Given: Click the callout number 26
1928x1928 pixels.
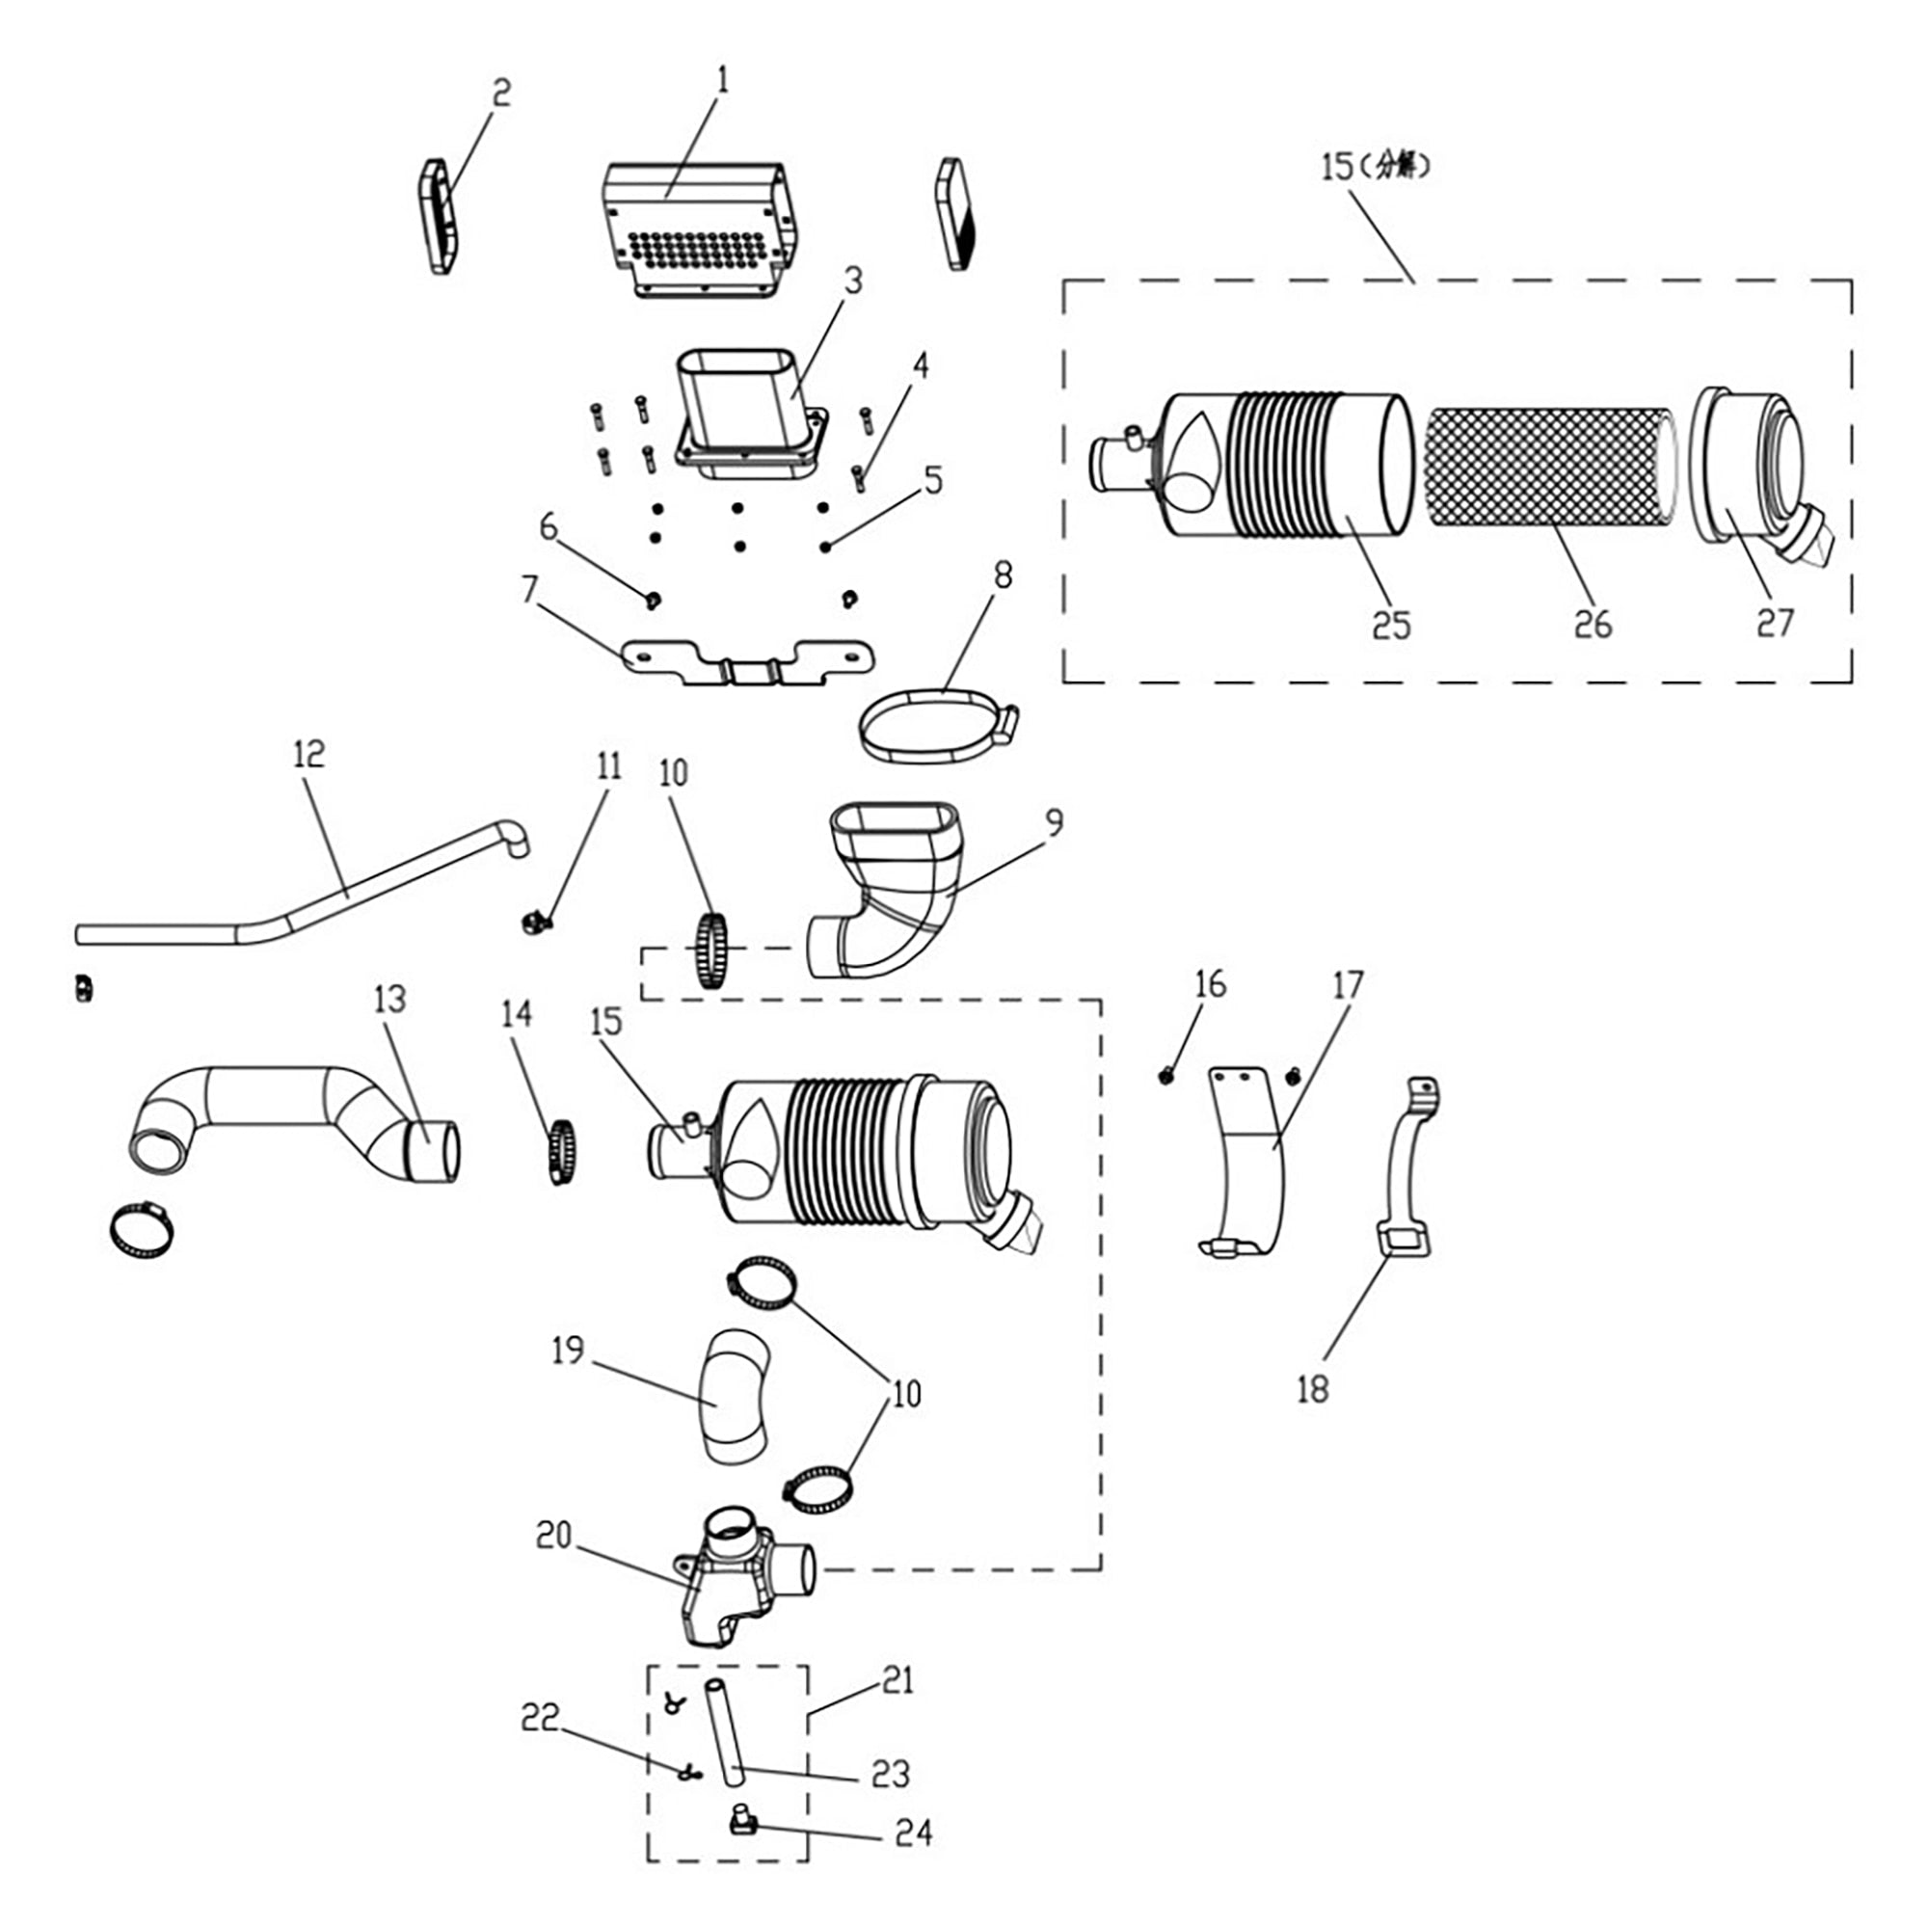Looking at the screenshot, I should (x=1593, y=625).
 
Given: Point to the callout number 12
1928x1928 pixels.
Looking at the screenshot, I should (x=309, y=755).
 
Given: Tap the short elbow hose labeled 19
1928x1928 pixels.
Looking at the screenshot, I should (x=736, y=1398).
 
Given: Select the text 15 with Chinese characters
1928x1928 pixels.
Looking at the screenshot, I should (x=1376, y=167).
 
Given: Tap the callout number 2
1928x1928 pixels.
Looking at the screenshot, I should (x=501, y=93).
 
